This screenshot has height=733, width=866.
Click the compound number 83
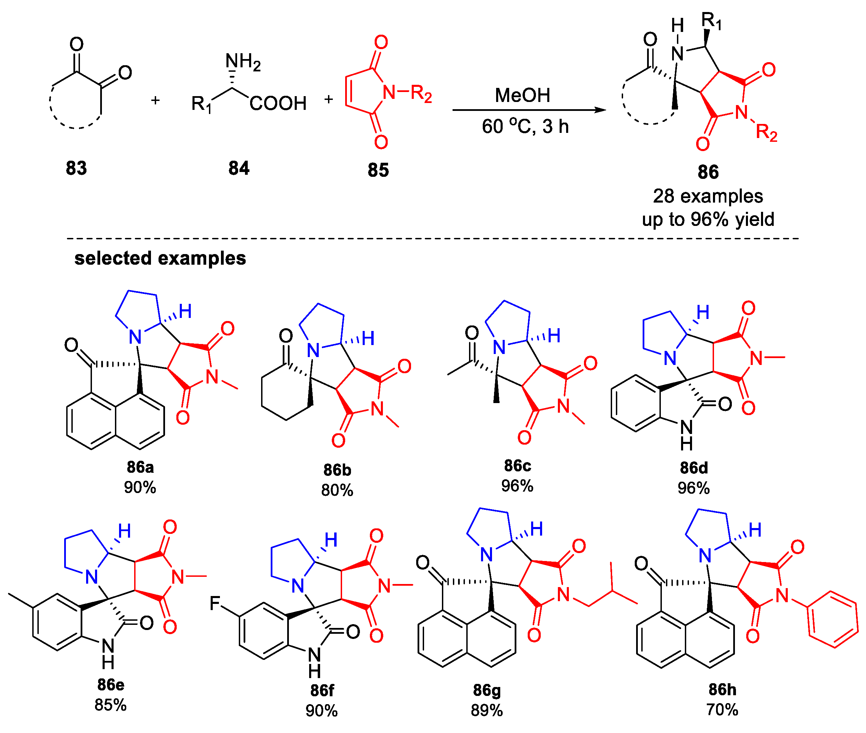77,168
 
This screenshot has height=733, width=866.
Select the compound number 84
239,168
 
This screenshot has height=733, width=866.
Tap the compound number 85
378,170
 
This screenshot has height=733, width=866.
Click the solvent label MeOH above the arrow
522,95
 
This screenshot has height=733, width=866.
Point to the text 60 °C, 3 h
525,126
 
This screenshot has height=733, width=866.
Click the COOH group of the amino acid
278,103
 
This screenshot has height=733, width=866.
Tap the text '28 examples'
708,196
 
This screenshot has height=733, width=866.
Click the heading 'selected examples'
160,258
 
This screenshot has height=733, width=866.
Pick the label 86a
140,467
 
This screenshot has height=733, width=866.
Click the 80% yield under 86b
337,490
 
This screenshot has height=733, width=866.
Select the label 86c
517,466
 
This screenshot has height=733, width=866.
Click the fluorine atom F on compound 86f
215,603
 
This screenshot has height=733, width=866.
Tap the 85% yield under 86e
110,705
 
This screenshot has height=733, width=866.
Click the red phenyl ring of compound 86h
833,619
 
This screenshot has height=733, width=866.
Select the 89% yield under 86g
487,711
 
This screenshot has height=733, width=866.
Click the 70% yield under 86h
722,710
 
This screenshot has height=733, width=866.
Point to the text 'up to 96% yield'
708,219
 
